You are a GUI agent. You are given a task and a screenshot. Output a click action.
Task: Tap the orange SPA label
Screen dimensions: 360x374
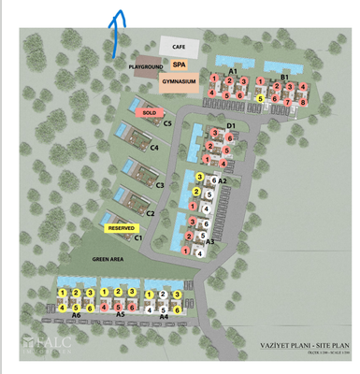[x=179, y=65]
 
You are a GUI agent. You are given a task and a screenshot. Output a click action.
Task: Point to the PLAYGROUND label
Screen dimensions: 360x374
[x=147, y=67]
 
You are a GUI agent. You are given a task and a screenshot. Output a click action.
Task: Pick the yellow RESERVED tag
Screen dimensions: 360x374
[x=122, y=227]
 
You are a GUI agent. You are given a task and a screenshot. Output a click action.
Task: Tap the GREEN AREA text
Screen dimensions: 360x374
[x=108, y=258]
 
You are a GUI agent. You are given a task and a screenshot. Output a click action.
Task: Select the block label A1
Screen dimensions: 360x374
[x=233, y=72]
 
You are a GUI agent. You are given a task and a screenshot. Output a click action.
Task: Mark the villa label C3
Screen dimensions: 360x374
[x=160, y=185]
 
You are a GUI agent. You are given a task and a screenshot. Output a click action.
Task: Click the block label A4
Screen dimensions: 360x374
[x=164, y=316]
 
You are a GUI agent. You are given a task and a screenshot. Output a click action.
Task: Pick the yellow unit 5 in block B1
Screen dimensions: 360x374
[x=261, y=97]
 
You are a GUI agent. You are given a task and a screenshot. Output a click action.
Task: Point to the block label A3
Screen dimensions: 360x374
[x=210, y=241]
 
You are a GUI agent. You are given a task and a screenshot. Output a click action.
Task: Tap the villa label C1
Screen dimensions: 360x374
[x=137, y=237]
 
